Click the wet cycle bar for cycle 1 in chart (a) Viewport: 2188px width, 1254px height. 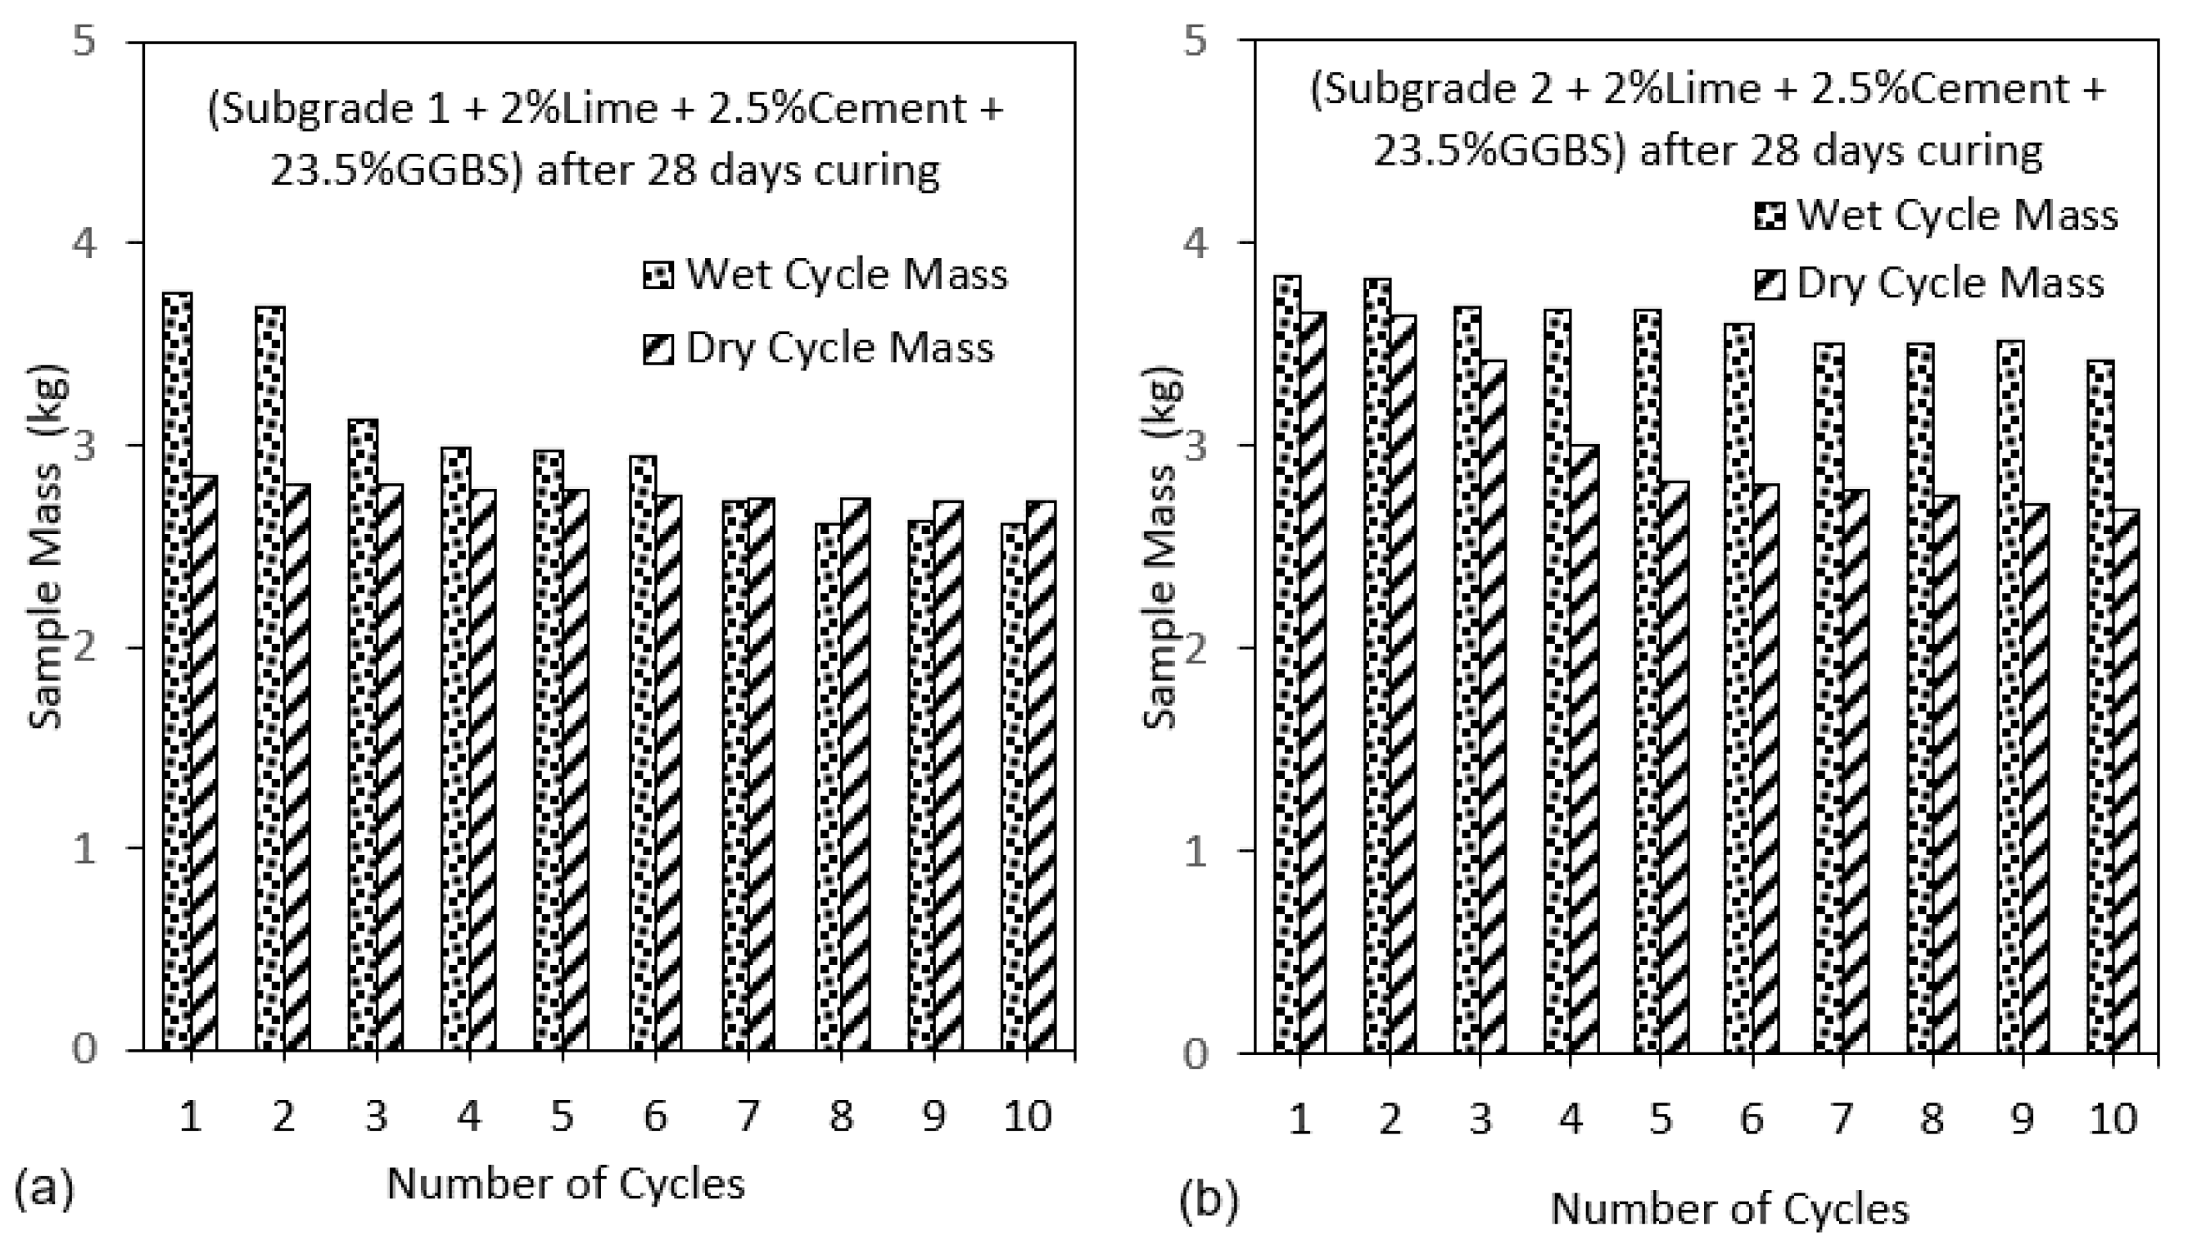[x=178, y=672]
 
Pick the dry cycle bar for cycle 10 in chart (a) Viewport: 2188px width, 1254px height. [x=1041, y=775]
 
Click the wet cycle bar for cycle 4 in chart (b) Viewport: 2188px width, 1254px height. [x=1557, y=681]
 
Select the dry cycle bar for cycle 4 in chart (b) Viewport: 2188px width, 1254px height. [x=1584, y=749]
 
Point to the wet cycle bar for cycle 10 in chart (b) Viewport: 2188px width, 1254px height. [x=2100, y=706]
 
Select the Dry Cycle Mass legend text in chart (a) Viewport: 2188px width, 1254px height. [x=839, y=348]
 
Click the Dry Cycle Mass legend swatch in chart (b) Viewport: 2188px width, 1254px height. [x=1770, y=285]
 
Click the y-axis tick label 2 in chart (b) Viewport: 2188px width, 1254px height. [x=1196, y=649]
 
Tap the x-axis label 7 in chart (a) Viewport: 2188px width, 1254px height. [x=748, y=1116]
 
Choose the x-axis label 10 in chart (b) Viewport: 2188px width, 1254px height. [x=2113, y=1119]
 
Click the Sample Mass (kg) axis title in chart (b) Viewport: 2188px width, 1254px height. [x=1160, y=547]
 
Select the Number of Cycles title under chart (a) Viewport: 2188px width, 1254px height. [x=566, y=1184]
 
